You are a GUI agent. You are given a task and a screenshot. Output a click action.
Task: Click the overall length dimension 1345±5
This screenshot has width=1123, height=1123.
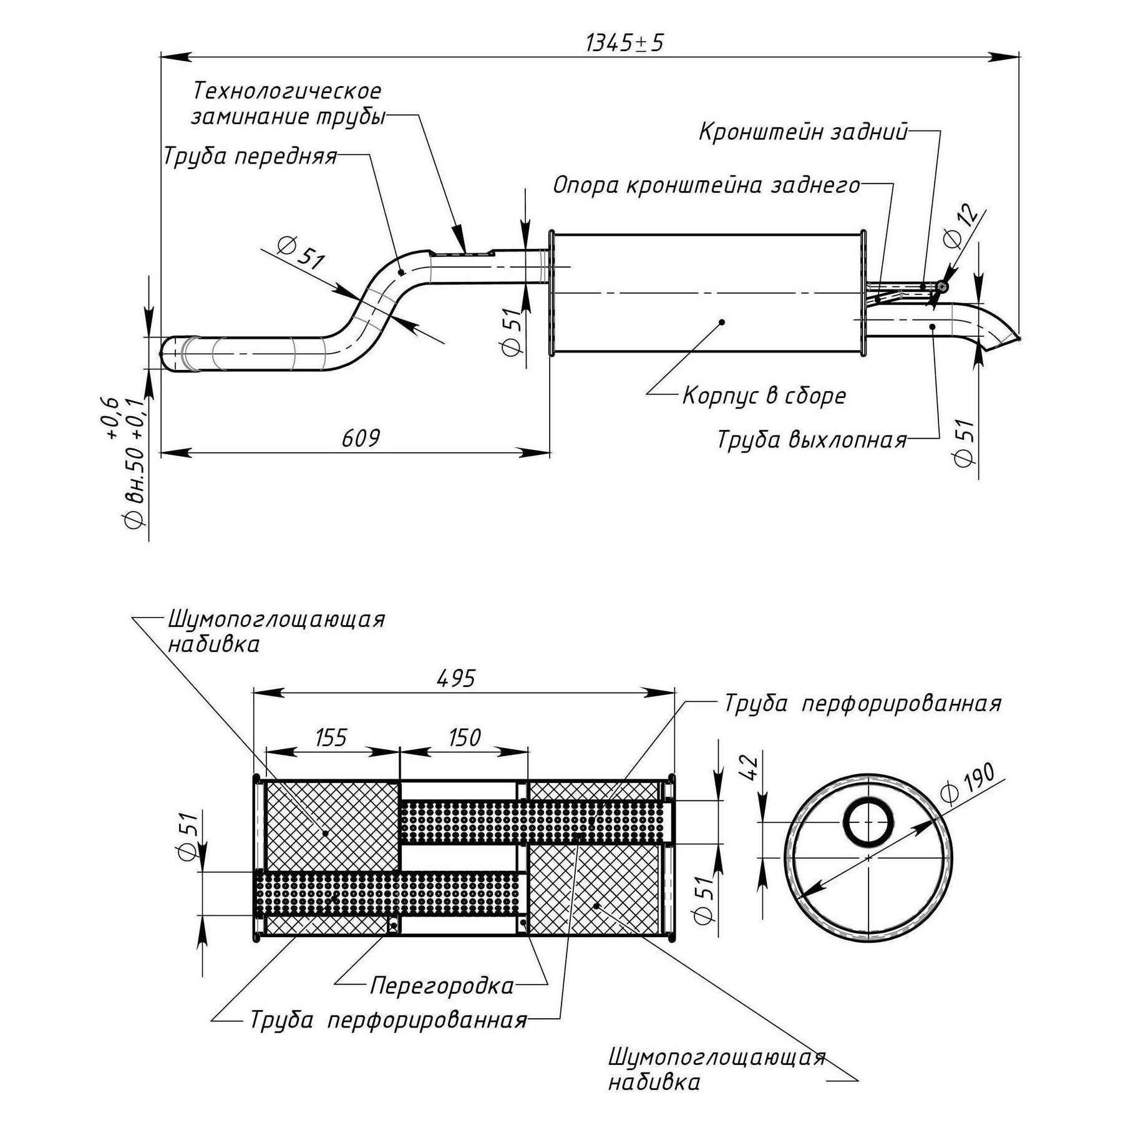tap(625, 43)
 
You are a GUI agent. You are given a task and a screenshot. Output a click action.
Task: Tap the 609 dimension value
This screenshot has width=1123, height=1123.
tap(361, 439)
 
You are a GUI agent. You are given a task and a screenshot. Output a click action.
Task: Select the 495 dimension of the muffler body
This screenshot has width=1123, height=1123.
tap(456, 679)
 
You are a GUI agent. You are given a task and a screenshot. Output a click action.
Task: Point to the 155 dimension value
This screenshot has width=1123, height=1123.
tap(331, 738)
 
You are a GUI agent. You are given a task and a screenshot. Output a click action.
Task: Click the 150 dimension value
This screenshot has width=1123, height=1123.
tap(465, 738)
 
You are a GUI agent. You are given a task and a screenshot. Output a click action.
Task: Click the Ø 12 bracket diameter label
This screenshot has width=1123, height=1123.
tap(961, 228)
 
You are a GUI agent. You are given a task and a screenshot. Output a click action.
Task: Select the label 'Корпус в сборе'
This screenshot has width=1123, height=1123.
tap(764, 396)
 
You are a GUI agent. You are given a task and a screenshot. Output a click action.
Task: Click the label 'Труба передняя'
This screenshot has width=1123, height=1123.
tap(250, 156)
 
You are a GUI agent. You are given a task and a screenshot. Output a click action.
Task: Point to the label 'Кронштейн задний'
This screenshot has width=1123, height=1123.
tap(803, 132)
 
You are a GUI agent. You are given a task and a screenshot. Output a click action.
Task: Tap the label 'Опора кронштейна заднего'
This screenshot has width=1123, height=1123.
tap(706, 185)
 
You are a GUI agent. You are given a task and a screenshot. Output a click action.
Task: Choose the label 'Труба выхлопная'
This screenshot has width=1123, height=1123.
tap(812, 440)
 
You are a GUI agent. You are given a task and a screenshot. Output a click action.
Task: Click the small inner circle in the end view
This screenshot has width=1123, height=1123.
tap(868, 822)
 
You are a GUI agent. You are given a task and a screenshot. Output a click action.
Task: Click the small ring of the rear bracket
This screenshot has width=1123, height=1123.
tap(942, 286)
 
